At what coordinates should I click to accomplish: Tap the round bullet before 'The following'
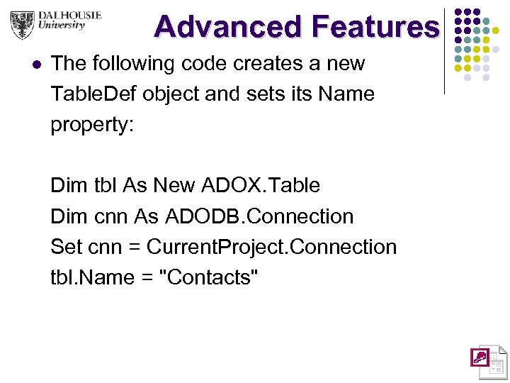37,65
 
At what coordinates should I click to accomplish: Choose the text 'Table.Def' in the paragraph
93,94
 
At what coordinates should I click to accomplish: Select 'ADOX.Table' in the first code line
261,186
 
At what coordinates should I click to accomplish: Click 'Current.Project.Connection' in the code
271,247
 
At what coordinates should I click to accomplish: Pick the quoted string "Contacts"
210,277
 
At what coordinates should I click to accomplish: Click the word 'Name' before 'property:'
349,94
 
